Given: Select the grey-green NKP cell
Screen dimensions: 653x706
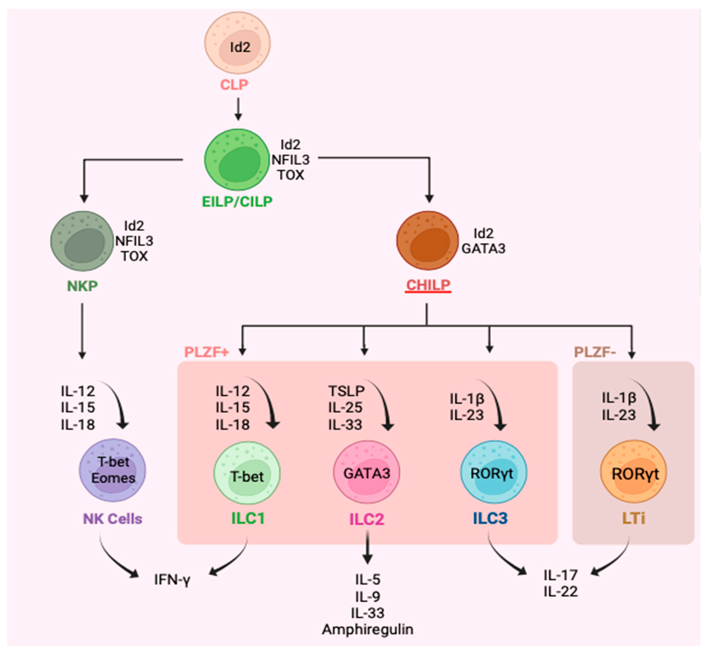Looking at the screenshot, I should pyautogui.click(x=82, y=241).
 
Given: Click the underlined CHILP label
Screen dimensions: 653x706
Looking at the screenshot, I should pyautogui.click(x=428, y=285).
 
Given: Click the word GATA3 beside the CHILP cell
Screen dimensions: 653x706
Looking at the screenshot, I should pyautogui.click(x=483, y=249).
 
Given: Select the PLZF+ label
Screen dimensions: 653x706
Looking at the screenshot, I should pyautogui.click(x=207, y=352).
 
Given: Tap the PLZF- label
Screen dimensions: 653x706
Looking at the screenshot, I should pyautogui.click(x=595, y=352).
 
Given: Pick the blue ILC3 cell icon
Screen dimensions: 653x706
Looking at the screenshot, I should pyautogui.click(x=494, y=473).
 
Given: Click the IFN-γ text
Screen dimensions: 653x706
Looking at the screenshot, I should pyautogui.click(x=172, y=580).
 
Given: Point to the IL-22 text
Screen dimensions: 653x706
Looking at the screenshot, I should pyautogui.click(x=561, y=592).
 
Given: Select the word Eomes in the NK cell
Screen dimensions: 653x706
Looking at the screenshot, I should pyautogui.click(x=113, y=478).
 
